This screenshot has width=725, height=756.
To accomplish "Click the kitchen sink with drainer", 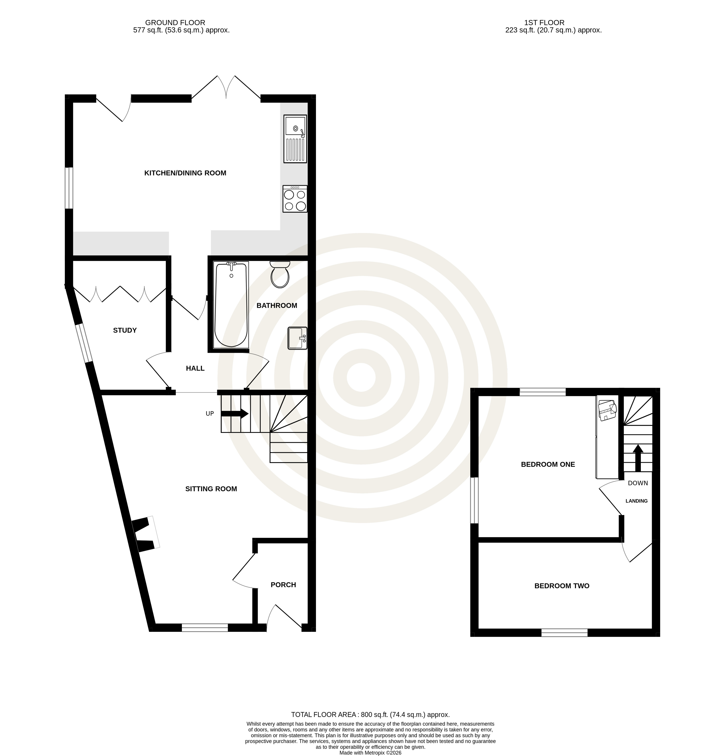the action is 295,138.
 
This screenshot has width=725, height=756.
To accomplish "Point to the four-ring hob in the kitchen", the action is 295,199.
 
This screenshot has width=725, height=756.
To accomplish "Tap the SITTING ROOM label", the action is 211,489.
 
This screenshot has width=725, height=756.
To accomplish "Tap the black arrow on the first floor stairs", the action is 638,458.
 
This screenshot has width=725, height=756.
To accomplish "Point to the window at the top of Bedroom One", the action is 543,392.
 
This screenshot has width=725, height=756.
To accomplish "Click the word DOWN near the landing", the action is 638,483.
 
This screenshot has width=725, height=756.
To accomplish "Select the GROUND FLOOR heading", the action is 175,23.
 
